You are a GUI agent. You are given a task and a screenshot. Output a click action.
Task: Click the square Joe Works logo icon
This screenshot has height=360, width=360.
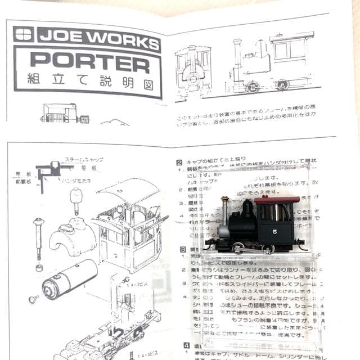coord(24,35)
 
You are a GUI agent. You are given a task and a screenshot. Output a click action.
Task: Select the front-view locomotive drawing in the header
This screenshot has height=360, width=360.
coord(192,67)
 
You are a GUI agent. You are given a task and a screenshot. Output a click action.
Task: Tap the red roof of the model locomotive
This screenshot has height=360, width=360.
coord(276,199)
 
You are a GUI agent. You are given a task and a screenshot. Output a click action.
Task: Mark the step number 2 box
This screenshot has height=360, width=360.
coord(179,162)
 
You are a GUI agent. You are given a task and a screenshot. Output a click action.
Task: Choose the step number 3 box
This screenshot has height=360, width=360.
coord(183,249)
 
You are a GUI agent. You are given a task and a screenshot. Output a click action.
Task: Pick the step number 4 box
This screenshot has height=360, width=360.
coord(185,345)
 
